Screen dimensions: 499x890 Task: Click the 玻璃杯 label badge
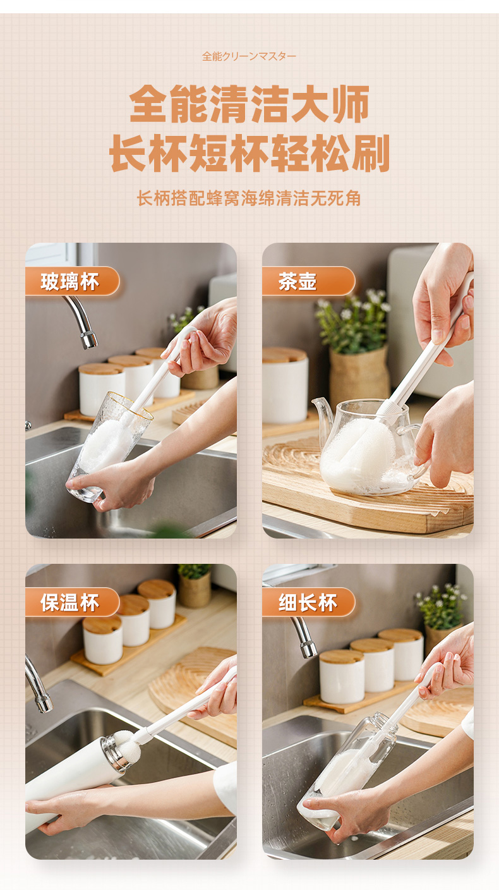[x=72, y=281]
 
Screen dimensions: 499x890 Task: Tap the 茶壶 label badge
[x=308, y=281]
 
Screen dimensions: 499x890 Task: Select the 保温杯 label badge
[x=72, y=602]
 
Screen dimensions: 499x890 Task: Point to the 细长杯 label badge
[x=308, y=602]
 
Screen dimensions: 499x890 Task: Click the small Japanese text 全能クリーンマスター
[x=249, y=56]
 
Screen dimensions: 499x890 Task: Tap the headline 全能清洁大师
[x=249, y=104]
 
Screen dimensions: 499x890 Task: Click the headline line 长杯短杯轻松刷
[x=249, y=153]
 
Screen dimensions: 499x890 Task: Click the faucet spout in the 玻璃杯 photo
[x=81, y=321]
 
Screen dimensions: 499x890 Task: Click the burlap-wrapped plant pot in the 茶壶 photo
[x=359, y=374]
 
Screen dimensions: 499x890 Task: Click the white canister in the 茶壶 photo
[x=285, y=386]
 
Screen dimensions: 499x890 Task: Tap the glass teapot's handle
[x=417, y=449]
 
